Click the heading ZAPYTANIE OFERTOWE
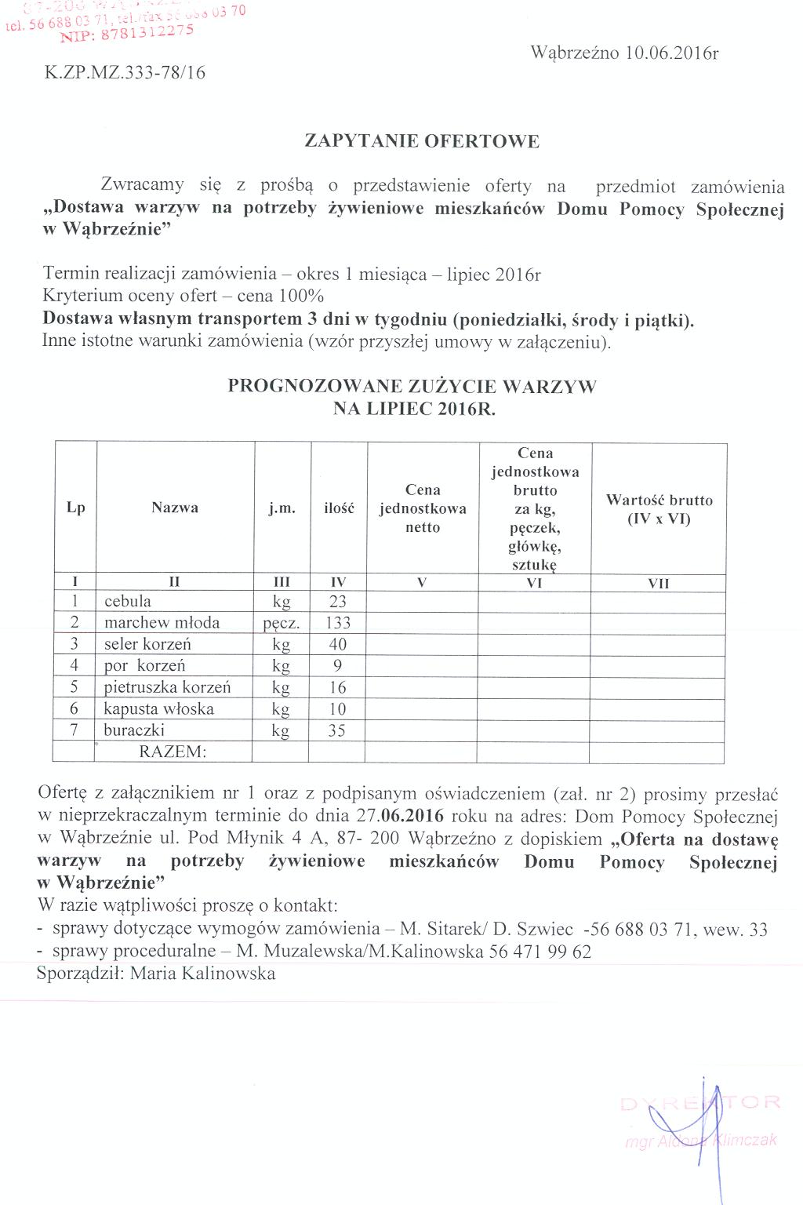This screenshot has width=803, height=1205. coord(422,142)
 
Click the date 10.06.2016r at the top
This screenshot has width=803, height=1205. coord(672,53)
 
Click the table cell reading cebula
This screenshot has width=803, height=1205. coord(128,602)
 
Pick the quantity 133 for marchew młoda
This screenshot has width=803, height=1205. coord(338,623)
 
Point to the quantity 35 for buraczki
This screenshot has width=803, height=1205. coord(338,730)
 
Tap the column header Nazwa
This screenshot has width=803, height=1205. coord(175,508)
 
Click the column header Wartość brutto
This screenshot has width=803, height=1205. coord(659,501)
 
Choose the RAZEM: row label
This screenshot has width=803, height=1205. coord(173,752)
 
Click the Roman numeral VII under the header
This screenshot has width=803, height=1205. coord(659,583)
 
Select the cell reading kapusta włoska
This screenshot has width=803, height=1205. coord(159,709)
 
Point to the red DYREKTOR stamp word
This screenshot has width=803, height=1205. coord(700,1104)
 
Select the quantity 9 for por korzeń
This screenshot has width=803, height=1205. coord(338,666)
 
